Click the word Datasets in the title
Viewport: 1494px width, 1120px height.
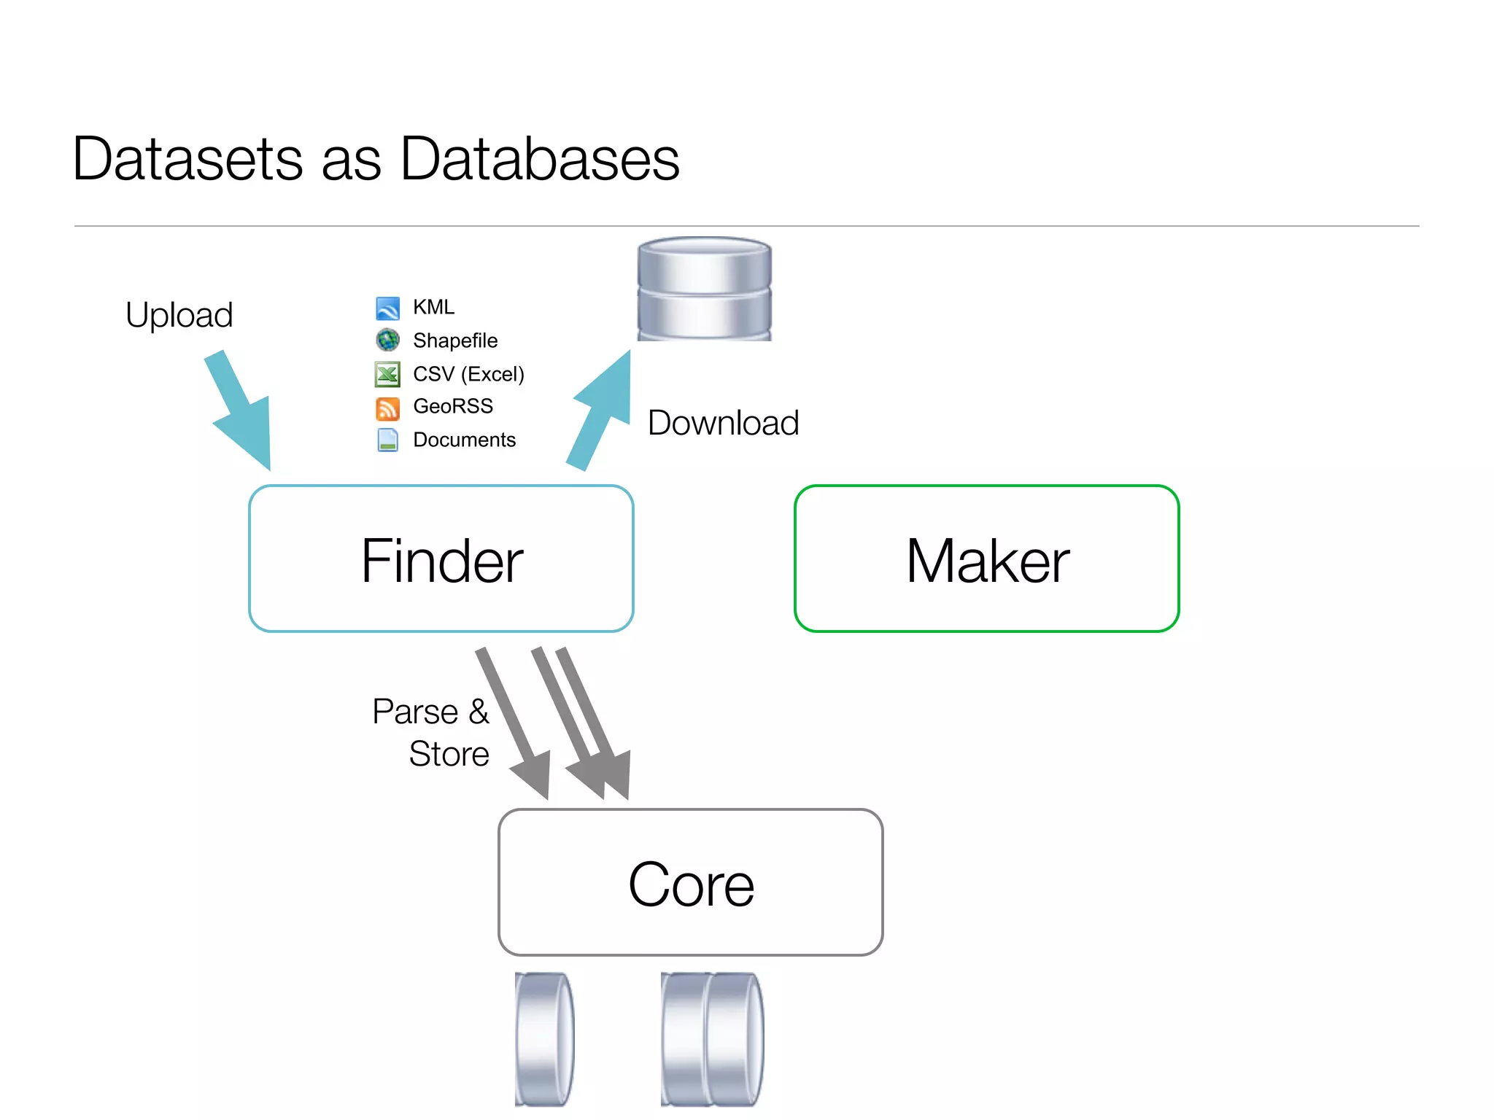187,159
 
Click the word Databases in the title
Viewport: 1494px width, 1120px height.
540,159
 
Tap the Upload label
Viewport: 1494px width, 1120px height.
179,315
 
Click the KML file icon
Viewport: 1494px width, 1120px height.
387,308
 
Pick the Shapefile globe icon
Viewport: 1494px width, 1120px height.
387,340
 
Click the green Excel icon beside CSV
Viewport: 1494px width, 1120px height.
387,374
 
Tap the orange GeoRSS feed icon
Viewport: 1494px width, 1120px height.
387,408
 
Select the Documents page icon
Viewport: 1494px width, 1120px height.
387,440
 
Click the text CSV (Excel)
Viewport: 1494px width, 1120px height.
468,374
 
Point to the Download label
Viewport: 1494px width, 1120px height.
723,423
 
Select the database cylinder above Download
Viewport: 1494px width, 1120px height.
704,289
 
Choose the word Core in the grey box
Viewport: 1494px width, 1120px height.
691,884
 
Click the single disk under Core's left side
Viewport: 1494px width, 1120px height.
544,1038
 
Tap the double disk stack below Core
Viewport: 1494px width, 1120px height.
712,1038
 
